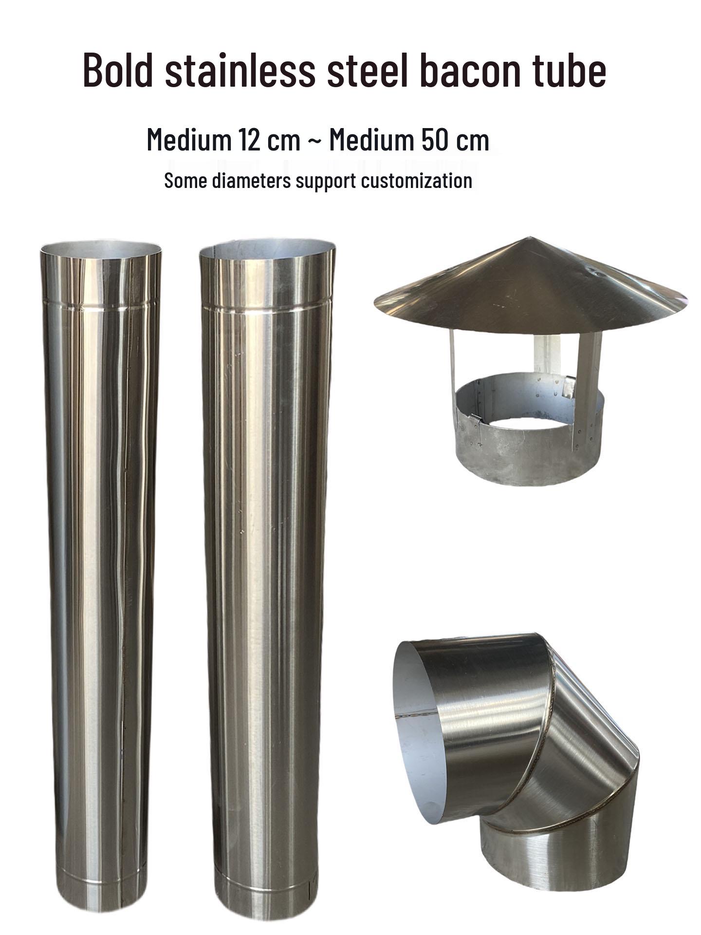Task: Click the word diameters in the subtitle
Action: (252, 181)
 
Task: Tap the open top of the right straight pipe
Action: (267, 249)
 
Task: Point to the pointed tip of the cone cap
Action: (530, 239)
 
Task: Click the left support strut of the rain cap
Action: (453, 360)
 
